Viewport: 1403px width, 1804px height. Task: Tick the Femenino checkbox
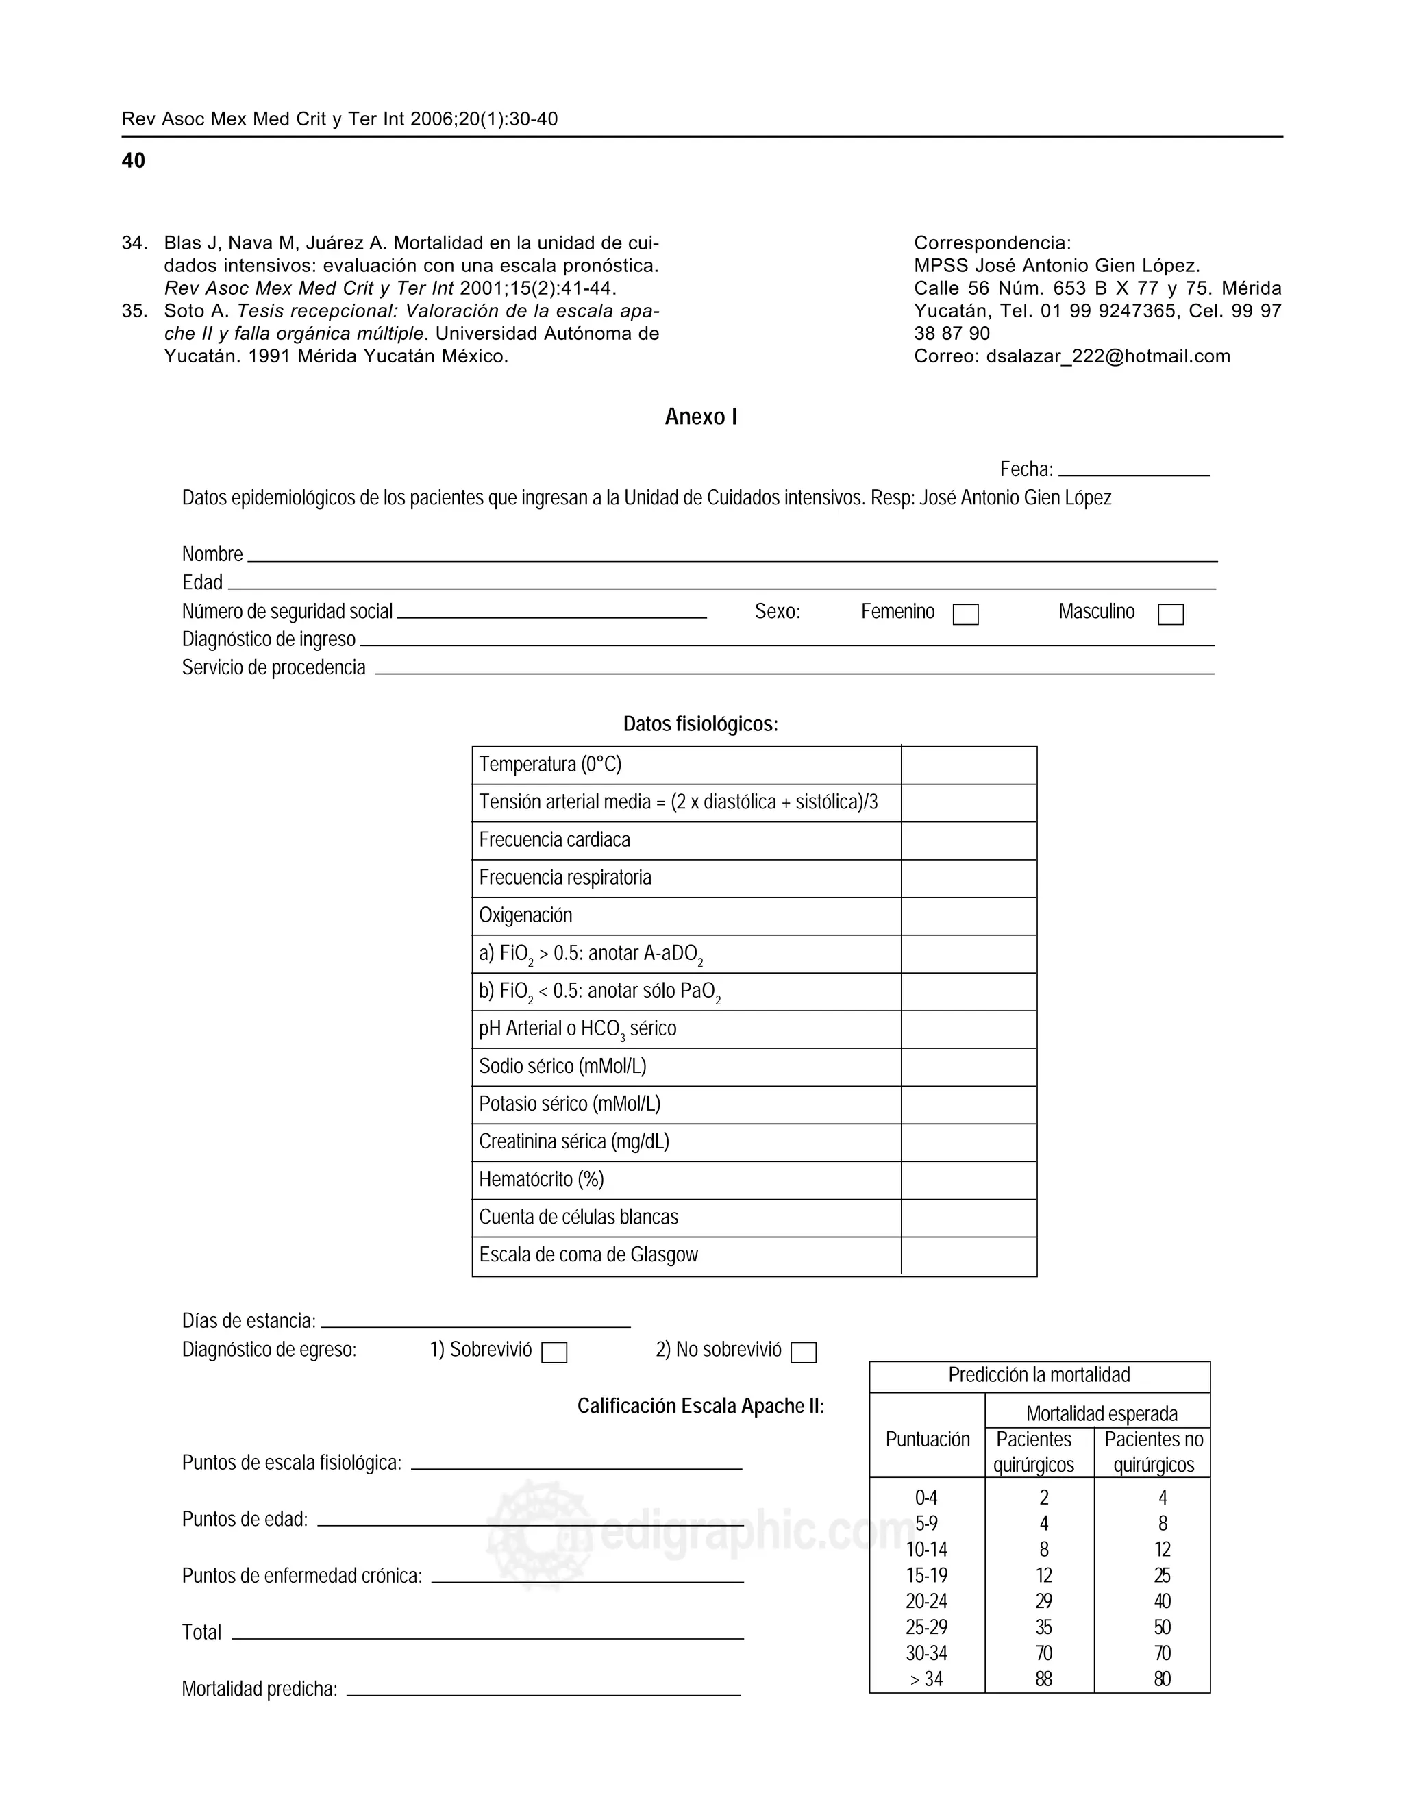coord(965,615)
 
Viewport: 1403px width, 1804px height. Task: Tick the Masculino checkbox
coord(1170,615)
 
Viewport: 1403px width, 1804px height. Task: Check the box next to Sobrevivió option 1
coord(554,1352)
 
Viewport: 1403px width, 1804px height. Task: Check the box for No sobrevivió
coord(804,1352)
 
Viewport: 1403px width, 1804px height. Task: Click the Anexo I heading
coord(700,417)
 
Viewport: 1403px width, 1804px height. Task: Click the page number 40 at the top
coord(133,161)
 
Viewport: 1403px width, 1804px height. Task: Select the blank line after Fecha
coord(1133,470)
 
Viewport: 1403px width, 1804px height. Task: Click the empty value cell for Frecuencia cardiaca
coord(968,841)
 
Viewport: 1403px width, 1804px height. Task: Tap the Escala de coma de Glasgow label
coord(588,1255)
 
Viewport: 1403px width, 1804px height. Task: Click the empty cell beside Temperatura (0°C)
coord(968,765)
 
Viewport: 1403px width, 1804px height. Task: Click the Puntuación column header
coord(928,1440)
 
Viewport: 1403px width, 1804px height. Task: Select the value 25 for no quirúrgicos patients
coord(1162,1576)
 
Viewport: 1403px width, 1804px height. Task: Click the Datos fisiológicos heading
coord(700,724)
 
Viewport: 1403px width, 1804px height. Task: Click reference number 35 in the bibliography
coord(134,312)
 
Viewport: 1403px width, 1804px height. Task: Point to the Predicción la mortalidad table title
coord(1039,1375)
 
